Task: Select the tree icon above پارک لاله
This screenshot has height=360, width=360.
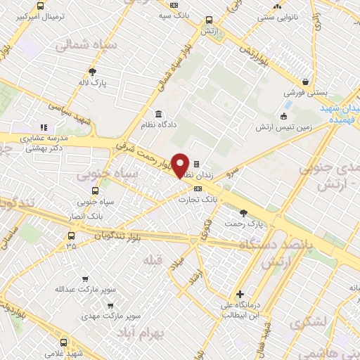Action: [x=93, y=72]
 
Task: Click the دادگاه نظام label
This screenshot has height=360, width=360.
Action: [x=157, y=124]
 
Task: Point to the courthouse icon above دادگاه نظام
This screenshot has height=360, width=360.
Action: [x=157, y=114]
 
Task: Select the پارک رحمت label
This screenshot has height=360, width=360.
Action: [x=243, y=223]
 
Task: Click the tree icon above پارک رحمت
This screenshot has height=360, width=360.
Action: [x=243, y=212]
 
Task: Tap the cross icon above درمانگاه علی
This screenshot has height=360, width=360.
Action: [x=240, y=294]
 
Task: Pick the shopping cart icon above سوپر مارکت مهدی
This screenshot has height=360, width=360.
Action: [x=110, y=305]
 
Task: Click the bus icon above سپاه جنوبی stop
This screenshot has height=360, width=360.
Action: [x=96, y=190]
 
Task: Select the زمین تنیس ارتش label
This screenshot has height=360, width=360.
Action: [x=283, y=126]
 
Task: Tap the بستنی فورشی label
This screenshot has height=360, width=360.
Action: [x=304, y=92]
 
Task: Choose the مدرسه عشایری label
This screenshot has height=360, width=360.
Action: [x=41, y=139]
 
